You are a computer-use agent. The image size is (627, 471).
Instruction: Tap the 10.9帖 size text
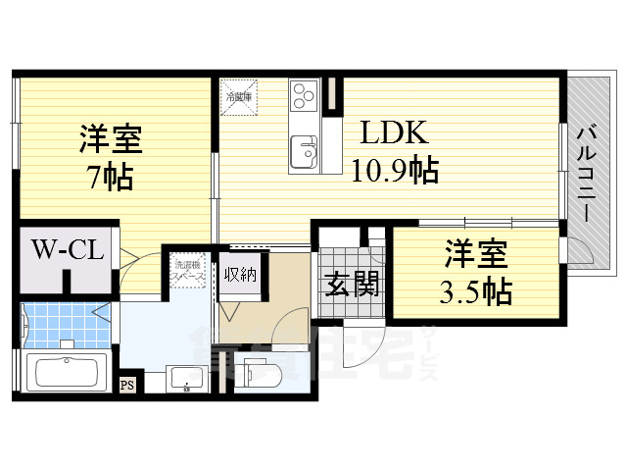[x=395, y=171]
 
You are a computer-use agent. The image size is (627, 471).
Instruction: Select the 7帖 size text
[x=111, y=178]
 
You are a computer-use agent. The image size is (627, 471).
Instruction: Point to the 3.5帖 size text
[x=477, y=290]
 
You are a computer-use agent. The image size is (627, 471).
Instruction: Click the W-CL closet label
[x=67, y=249]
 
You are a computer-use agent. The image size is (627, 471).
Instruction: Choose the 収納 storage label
[x=240, y=274]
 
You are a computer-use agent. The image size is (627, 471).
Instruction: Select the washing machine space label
[x=189, y=271]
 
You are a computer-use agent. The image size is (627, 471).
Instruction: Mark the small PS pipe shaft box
[x=126, y=384]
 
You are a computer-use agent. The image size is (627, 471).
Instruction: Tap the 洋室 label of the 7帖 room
[x=111, y=139]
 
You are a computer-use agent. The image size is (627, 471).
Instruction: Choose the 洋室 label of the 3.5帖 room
[x=477, y=254]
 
